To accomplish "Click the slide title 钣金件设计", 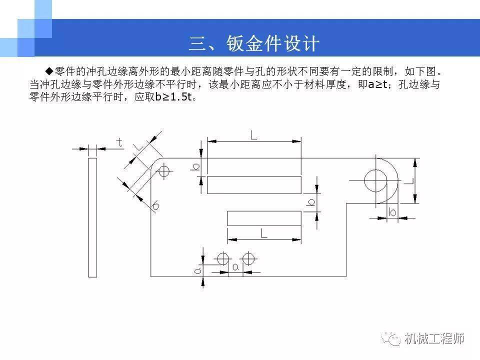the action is pos(273,43).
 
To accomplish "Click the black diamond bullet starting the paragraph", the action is pos(49,71).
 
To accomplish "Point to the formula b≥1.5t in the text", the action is pos(173,97).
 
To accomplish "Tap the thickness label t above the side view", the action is pos(119,142).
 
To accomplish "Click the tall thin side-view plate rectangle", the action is pos(92,217).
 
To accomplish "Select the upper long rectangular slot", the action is pos(254,185).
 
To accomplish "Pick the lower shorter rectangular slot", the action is pos(264,218).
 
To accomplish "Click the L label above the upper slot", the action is pos(253,135).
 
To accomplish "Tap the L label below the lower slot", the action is pos(263,233).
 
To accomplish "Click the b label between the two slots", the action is pos(311,202).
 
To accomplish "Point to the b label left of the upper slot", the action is pos(195,167).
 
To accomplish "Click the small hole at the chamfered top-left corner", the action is pos(164,171).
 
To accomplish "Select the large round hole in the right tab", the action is pos(375,180).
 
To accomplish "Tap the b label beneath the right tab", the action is pos(392,212).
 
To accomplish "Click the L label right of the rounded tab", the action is pos(409,181).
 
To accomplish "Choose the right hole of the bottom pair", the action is pos(248,259).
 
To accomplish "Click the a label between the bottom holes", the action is pos(235,267).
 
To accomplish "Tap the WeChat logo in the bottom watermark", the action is pos(391,338).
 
